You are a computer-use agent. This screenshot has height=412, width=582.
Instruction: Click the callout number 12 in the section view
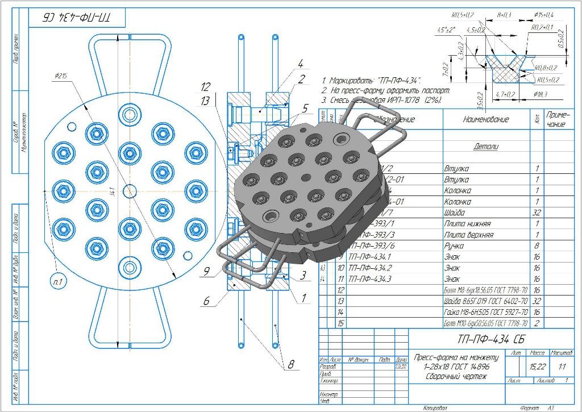[205, 87]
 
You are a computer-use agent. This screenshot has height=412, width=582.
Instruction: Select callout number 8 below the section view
[290, 365]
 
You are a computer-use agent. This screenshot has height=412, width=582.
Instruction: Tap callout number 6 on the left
[207, 301]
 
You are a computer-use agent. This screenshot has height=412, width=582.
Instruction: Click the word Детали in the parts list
[486, 147]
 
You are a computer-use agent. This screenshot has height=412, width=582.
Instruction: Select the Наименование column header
[486, 120]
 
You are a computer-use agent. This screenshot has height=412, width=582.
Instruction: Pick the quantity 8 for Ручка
[537, 246]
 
